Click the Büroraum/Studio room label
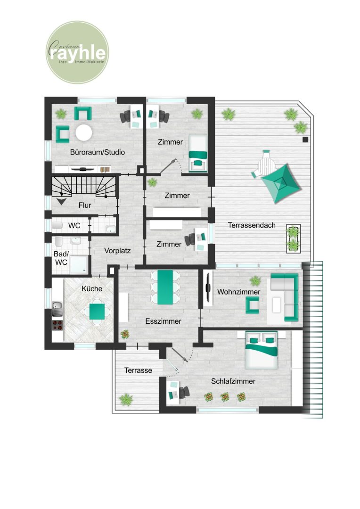[x=98, y=152]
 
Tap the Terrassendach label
[x=252, y=225]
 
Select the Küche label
[x=92, y=288]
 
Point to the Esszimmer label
[x=163, y=321]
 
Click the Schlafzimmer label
[x=233, y=381]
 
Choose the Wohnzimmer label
[x=238, y=292]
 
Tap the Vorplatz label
[x=117, y=251]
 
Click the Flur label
[x=85, y=205]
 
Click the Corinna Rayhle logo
[x=77, y=52]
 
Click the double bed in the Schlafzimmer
[x=262, y=350]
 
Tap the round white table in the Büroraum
[x=84, y=132]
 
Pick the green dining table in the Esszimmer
[x=165, y=287]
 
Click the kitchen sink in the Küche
[x=57, y=309]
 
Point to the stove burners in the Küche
[x=57, y=325]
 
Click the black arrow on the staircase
[x=62, y=201]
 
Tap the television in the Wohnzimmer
[x=208, y=287]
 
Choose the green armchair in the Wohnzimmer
[x=252, y=305]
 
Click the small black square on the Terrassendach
[x=305, y=140]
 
